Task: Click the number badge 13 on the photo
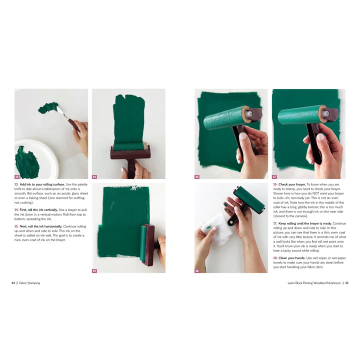click(17, 176)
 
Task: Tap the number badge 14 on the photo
click(94, 176)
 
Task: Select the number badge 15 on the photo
click(94, 270)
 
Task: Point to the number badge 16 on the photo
click(197, 176)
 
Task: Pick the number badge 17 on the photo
click(274, 176)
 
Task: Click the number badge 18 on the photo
click(197, 270)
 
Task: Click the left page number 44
click(13, 283)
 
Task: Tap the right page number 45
click(346, 283)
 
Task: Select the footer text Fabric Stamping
click(29, 283)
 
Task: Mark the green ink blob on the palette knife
click(48, 107)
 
